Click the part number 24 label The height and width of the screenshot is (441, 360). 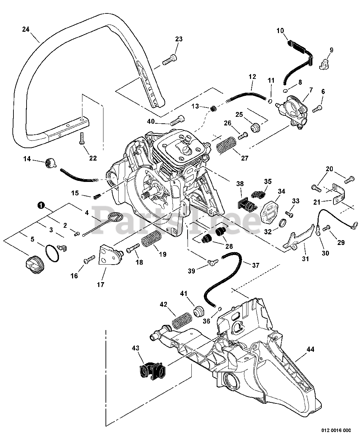[x=26, y=30]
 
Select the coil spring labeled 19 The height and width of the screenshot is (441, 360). [x=152, y=239]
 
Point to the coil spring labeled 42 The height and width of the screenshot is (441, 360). [x=182, y=321]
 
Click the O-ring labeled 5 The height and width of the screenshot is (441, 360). [x=52, y=254]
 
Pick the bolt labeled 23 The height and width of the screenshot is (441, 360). [x=169, y=60]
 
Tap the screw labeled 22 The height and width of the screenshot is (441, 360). [x=82, y=138]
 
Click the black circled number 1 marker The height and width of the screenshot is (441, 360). [x=41, y=205]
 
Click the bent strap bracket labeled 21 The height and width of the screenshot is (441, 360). [x=338, y=194]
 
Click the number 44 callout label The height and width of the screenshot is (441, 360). [x=310, y=349]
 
